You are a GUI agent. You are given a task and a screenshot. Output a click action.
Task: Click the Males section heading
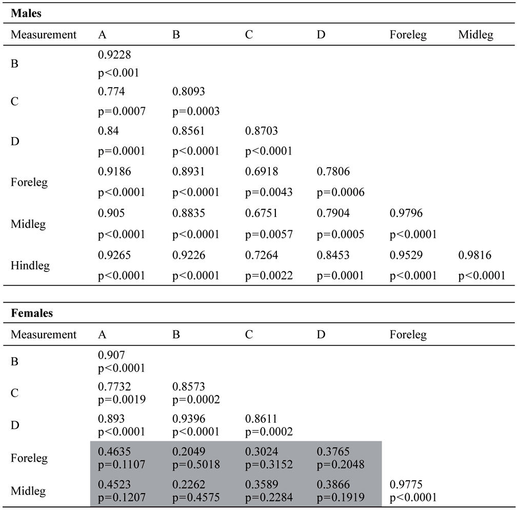(x=26, y=13)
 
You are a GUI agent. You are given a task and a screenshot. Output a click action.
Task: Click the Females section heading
(x=32, y=313)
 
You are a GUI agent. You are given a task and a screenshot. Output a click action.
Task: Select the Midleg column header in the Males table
(x=476, y=35)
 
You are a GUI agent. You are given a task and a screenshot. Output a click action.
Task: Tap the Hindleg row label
(x=30, y=266)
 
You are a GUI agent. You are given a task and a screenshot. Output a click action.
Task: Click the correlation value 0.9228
(x=114, y=54)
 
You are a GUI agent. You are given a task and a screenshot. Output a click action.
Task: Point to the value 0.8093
(x=189, y=91)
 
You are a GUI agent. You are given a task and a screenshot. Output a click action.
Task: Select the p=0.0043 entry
(x=269, y=192)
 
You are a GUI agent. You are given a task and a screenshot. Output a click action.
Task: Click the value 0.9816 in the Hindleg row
(x=475, y=255)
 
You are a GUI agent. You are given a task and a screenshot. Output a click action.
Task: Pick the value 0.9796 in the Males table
(x=406, y=213)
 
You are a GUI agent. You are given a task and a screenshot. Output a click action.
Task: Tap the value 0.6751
(x=262, y=213)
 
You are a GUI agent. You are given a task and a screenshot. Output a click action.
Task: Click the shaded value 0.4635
(x=114, y=452)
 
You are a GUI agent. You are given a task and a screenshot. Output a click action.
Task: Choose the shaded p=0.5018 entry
(x=196, y=465)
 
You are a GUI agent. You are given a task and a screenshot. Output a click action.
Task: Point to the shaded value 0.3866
(x=333, y=484)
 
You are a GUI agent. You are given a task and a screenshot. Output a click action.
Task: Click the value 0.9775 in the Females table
(x=406, y=484)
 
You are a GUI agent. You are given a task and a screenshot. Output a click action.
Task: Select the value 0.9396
(x=189, y=419)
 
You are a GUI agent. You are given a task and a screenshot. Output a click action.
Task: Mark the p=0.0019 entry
(x=122, y=400)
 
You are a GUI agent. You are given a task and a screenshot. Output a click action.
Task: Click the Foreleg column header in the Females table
(x=408, y=335)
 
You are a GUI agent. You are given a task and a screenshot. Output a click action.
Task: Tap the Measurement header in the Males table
(x=44, y=35)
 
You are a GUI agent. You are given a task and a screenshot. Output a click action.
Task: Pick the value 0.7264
(x=262, y=255)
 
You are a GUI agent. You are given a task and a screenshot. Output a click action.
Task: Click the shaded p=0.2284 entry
(x=269, y=498)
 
